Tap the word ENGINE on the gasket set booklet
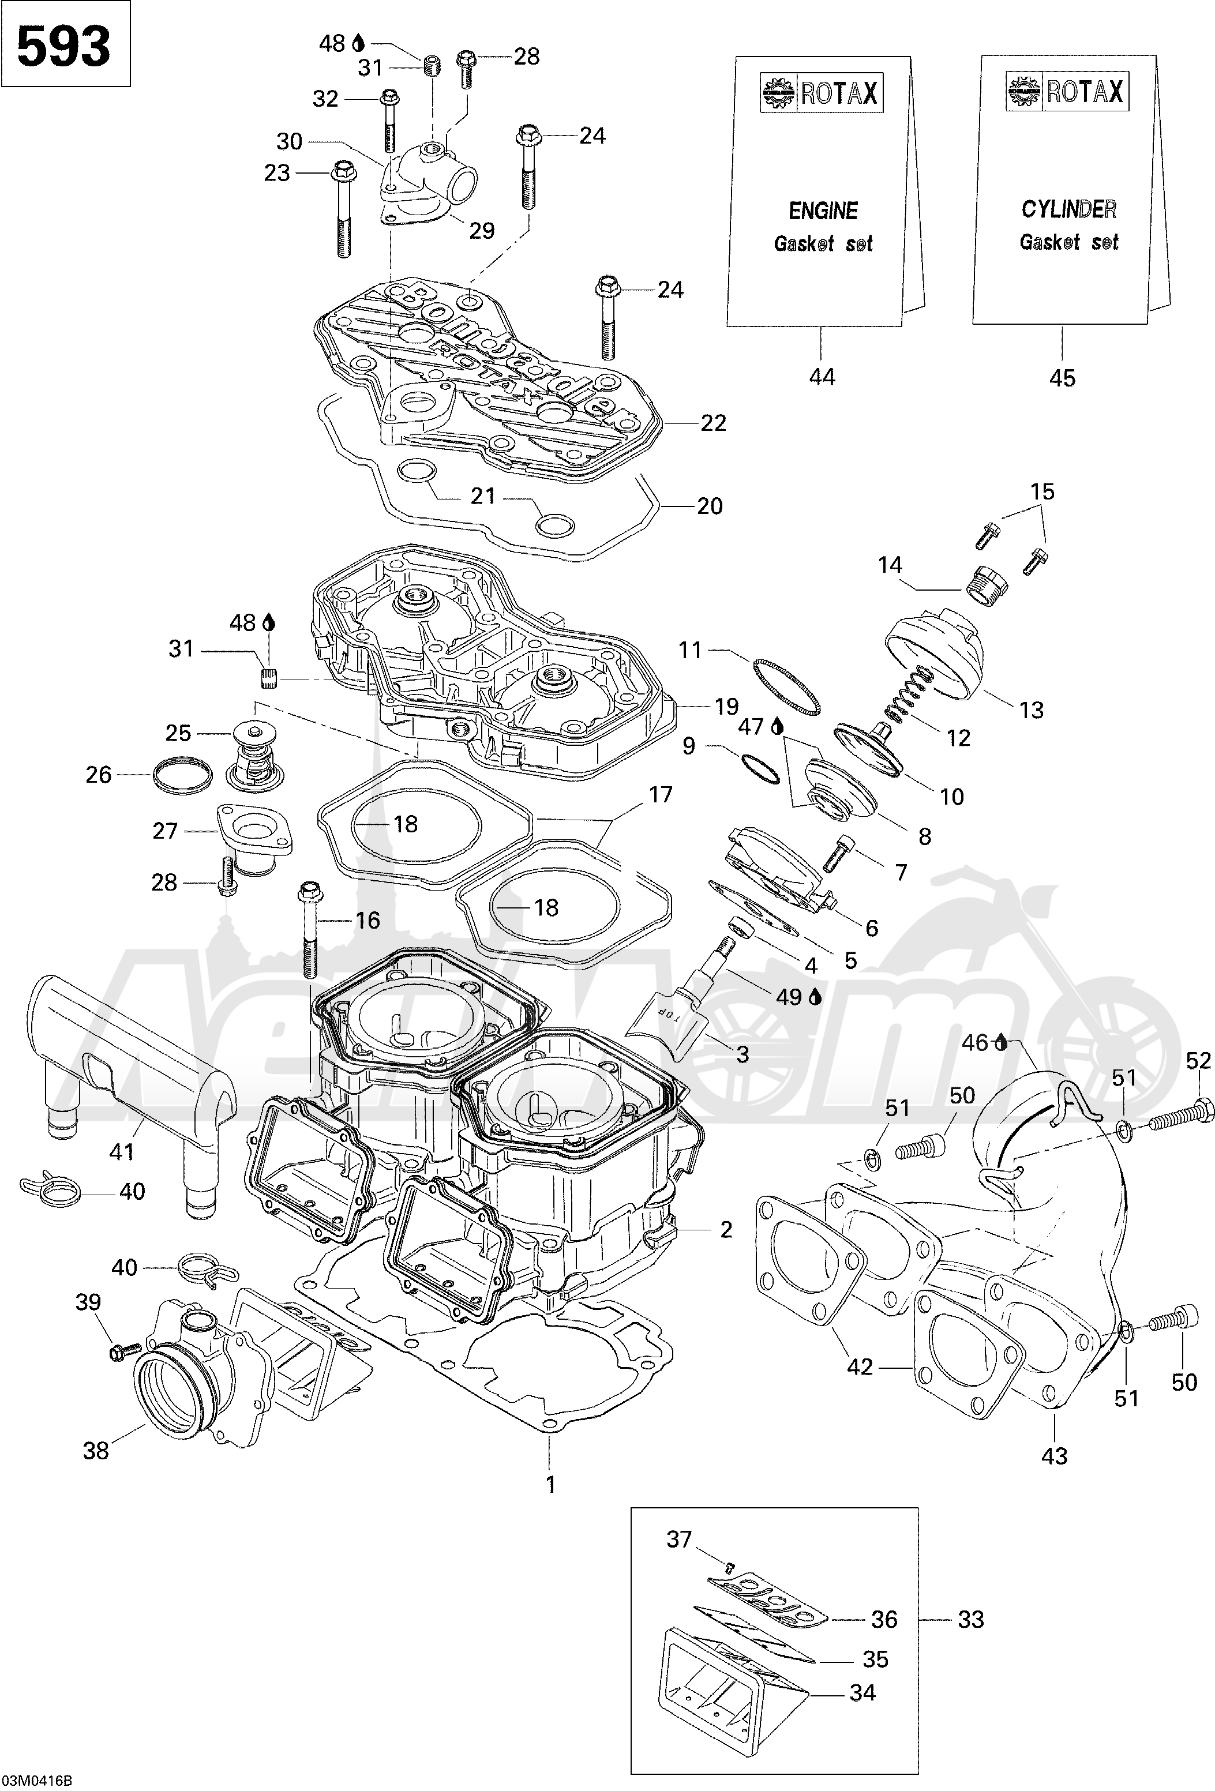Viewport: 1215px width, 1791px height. tap(823, 211)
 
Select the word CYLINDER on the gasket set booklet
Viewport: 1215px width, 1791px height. tap(1068, 209)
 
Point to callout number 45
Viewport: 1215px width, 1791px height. tap(1062, 378)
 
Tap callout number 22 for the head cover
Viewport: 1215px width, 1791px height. tap(713, 423)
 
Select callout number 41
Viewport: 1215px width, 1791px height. tap(122, 1151)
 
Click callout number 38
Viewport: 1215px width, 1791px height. tap(96, 1451)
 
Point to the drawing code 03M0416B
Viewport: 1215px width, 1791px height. tap(37, 1780)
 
